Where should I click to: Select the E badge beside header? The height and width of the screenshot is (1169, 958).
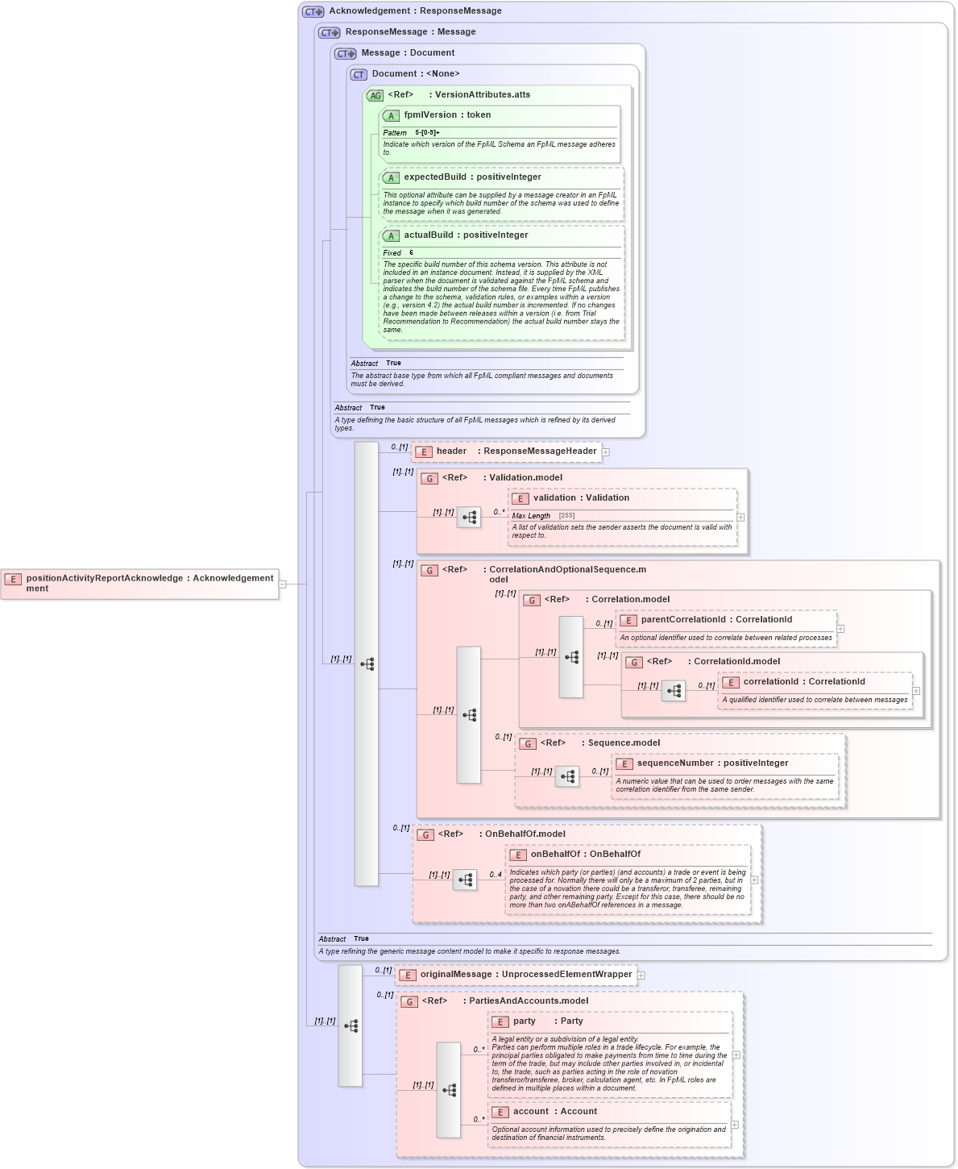coord(424,452)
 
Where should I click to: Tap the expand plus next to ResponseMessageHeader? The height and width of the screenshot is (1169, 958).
coord(606,452)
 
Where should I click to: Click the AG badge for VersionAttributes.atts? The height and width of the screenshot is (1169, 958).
coord(375,96)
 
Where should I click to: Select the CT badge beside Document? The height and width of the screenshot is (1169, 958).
coord(359,75)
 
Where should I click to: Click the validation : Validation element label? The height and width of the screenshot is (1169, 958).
coord(581,498)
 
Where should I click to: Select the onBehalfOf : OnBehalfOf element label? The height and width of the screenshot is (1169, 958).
coord(585,855)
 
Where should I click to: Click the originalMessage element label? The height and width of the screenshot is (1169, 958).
coord(525,975)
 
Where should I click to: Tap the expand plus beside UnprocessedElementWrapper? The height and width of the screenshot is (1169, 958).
coord(641,976)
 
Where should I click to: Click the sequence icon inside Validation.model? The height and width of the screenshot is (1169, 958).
coord(469,518)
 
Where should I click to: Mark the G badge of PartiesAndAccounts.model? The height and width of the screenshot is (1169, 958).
coord(409,1002)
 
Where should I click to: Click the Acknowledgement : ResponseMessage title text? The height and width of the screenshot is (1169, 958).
coord(415,11)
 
